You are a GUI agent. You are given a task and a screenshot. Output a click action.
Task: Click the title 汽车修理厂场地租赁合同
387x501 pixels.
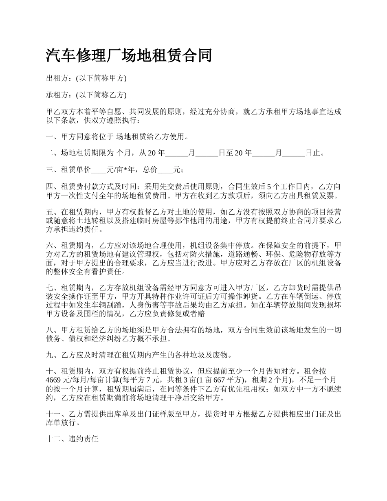tap(129, 55)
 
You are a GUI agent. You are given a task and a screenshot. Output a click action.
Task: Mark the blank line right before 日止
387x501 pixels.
tap(293, 153)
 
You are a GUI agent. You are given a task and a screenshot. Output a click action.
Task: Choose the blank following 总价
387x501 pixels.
tap(165, 170)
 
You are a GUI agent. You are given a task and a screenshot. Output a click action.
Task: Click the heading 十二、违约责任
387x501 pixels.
tap(73, 439)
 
